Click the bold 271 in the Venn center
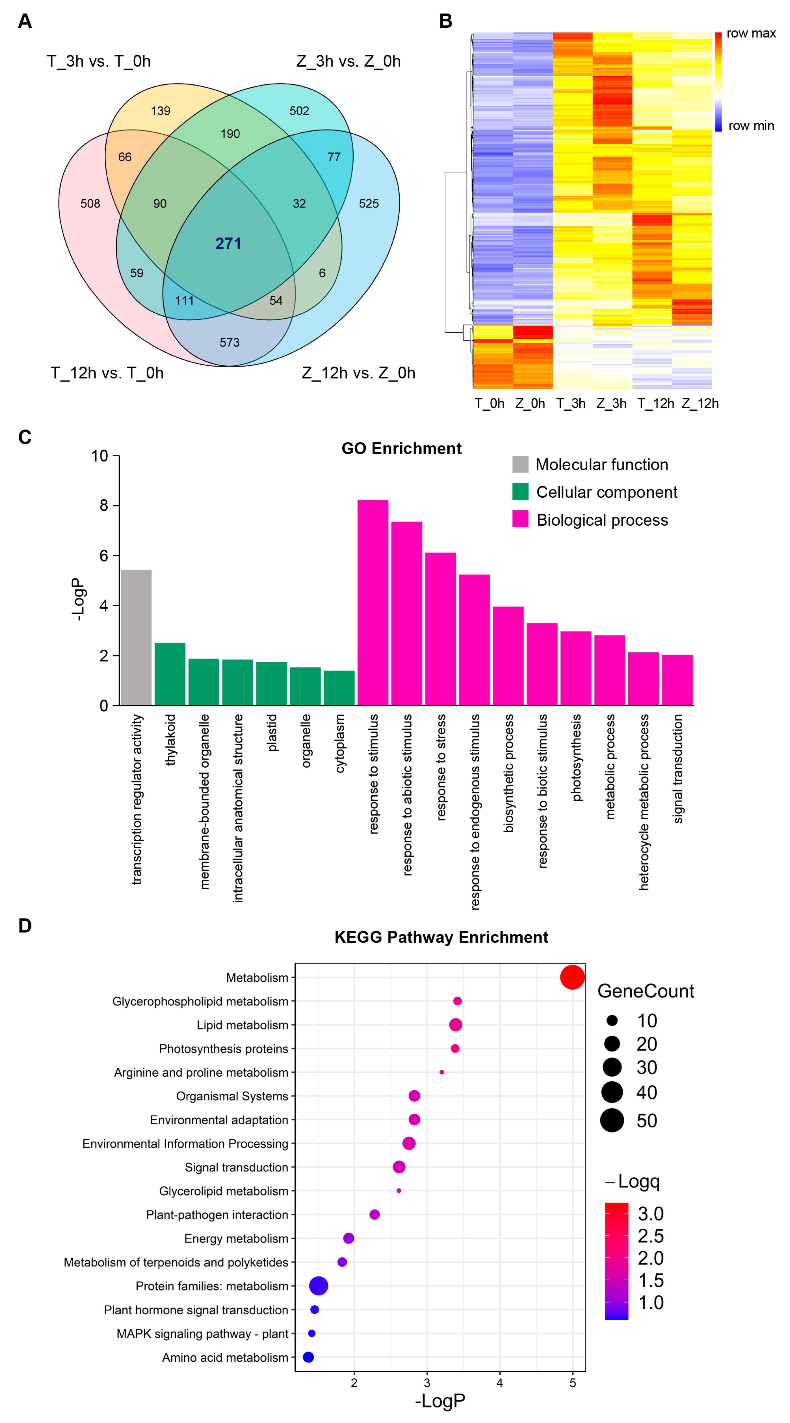coord(228,244)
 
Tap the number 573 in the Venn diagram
coord(230,342)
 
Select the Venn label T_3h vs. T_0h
coord(98,61)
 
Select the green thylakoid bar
coord(170,674)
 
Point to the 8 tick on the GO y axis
coord(103,505)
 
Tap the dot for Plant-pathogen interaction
coord(374,1214)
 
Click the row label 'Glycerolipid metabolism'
coord(223,1191)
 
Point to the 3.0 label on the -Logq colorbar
coord(650,1214)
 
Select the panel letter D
coord(25,926)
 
